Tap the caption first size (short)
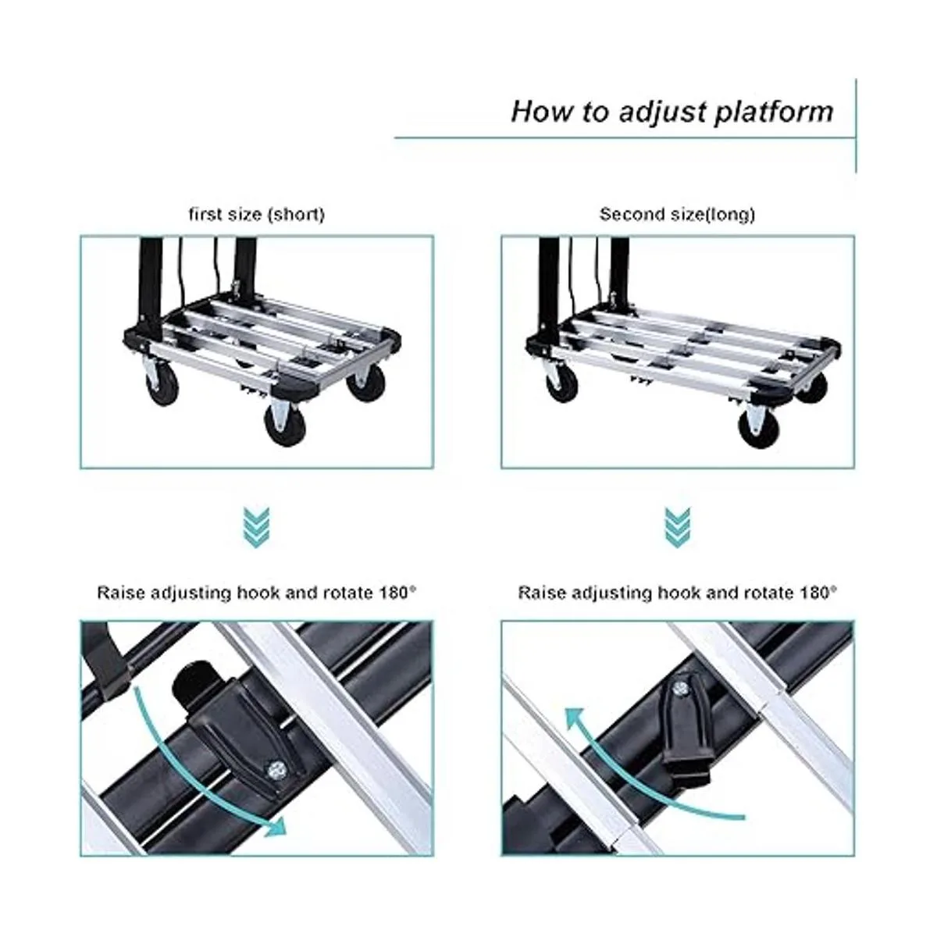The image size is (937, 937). pyautogui.click(x=256, y=214)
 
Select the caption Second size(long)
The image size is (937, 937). pyautogui.click(x=677, y=214)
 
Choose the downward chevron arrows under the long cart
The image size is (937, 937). pyautogui.click(x=677, y=527)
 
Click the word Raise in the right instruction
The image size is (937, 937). pyautogui.click(x=543, y=592)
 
